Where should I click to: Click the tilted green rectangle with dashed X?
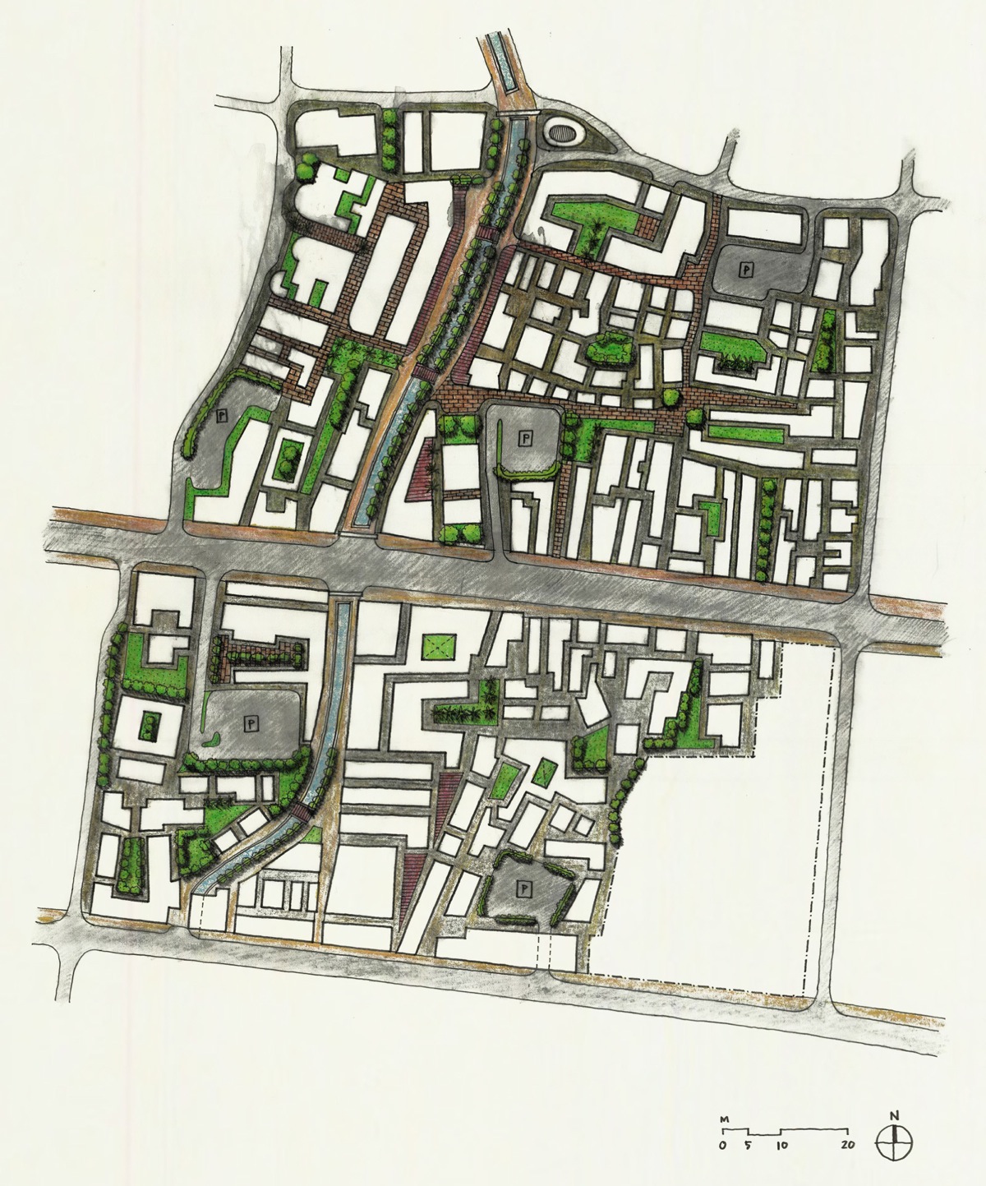coord(543,773)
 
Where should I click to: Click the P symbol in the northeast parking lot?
coord(746,268)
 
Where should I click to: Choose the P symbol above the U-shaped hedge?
coord(524,438)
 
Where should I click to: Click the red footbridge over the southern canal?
coord(302,812)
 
